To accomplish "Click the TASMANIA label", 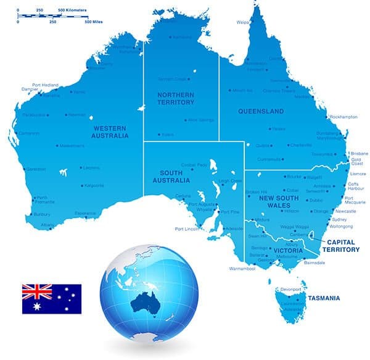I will point(324,298).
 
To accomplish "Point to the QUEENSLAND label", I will point(260,112).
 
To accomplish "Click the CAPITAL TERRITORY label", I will point(343,246).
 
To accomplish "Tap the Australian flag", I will point(52,299).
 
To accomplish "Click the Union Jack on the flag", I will point(37,291).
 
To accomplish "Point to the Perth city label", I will point(42,198).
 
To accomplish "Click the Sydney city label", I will point(340,219).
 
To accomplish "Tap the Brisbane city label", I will point(359,153).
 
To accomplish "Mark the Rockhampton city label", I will point(344,117).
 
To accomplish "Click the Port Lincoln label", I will point(187,229).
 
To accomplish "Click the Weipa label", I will point(242,22).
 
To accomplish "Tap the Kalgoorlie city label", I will point(94,185).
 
